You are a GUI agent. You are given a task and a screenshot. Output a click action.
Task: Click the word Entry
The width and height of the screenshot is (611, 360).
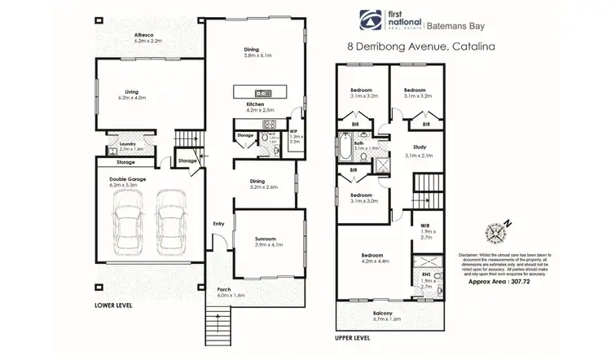(218, 224)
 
